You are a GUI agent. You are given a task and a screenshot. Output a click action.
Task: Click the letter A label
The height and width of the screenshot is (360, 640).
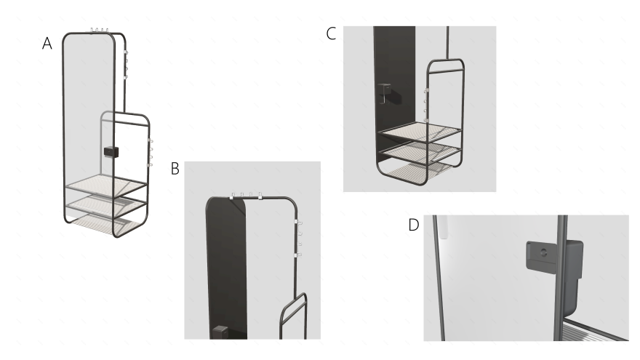pyautogui.click(x=47, y=43)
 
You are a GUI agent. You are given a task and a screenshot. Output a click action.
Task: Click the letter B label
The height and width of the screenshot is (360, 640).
pyautogui.click(x=175, y=168)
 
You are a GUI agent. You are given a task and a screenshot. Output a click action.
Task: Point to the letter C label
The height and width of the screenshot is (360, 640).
pyautogui.click(x=331, y=33)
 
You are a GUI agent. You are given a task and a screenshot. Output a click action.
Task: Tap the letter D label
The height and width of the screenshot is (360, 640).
pyautogui.click(x=414, y=225)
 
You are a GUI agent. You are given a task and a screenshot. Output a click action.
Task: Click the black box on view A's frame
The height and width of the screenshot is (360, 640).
pyautogui.click(x=111, y=152)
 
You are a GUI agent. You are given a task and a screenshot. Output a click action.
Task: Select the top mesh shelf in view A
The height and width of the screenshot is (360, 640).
pyautogui.click(x=105, y=185)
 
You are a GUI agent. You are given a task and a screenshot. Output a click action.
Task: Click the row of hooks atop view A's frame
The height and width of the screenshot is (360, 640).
pyautogui.click(x=99, y=31)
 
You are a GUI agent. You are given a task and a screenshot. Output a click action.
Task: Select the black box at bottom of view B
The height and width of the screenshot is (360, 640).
pyautogui.click(x=220, y=332)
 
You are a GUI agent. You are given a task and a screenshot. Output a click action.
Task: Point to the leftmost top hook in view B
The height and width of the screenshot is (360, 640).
pyautogui.click(x=233, y=196)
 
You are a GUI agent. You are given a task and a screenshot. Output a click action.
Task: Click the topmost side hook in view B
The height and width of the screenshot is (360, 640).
pyautogui.click(x=298, y=223)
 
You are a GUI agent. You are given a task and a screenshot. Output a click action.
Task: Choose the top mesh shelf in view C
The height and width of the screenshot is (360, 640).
pyautogui.click(x=420, y=132)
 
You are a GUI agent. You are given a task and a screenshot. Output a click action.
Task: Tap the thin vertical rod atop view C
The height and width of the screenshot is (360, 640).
pyautogui.click(x=448, y=43)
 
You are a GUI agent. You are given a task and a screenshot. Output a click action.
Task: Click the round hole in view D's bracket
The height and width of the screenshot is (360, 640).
pyautogui.click(x=543, y=253)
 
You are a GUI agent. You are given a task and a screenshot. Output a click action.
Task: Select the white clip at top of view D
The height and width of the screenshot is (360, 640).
pyautogui.click(x=444, y=227)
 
